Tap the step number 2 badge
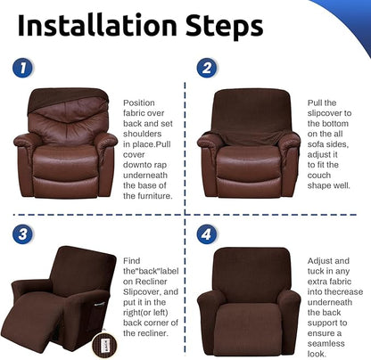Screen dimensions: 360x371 tap(207, 68)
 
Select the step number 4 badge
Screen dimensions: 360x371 tap(207, 235)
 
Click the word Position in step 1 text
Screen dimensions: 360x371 tap(138, 102)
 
